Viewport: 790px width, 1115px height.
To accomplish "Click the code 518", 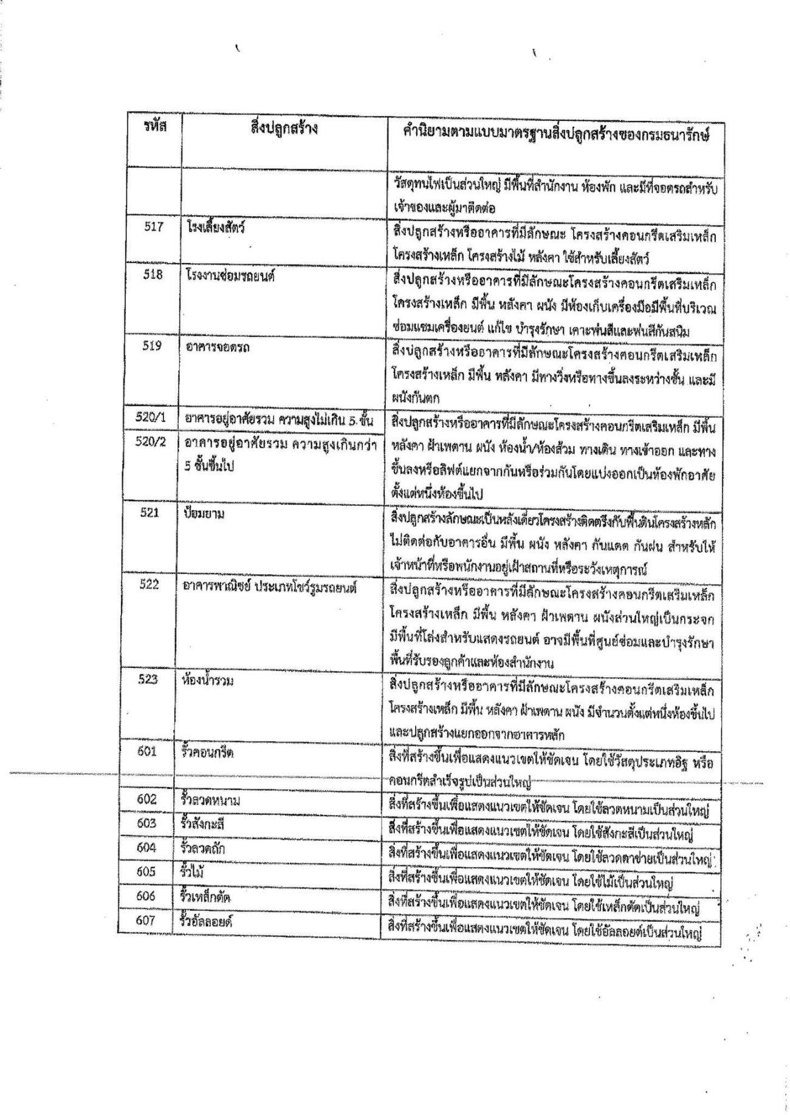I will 153,274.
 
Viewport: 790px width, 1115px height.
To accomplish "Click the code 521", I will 149,513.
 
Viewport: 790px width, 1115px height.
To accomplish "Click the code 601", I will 147,751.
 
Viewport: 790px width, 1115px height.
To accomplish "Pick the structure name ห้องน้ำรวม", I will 208,680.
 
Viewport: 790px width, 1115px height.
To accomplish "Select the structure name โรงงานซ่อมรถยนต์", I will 232,275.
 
